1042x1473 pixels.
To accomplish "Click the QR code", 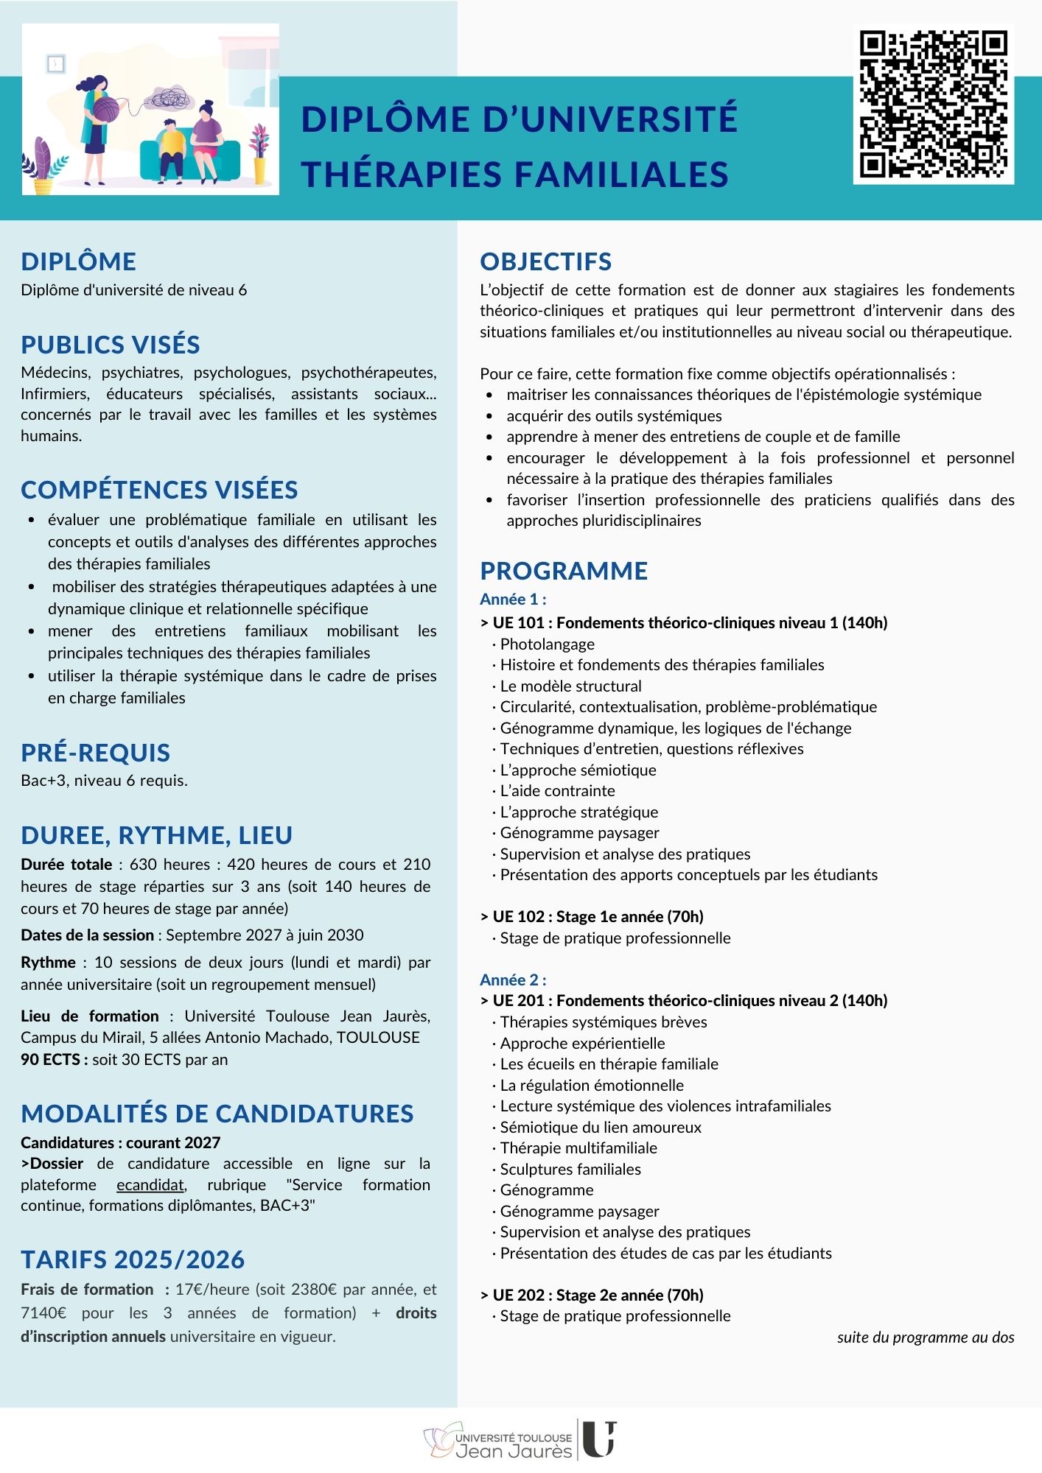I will (934, 104).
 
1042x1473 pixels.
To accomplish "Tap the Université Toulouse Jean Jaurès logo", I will (520, 1438).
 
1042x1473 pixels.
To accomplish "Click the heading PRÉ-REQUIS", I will (96, 752).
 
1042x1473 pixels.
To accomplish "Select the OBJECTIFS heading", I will (545, 261).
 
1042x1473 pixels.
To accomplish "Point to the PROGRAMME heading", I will (564, 571).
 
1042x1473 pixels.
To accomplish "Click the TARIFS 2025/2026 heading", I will (133, 1259).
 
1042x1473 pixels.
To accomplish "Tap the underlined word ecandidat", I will (151, 1185).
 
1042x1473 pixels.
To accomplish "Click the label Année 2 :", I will (513, 980).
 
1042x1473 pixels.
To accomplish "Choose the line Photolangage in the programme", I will (547, 644).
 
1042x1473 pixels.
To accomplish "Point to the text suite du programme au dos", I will (926, 1337).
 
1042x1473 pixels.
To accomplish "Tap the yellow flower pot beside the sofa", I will (259, 170).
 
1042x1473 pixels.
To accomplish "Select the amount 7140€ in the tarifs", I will (43, 1312).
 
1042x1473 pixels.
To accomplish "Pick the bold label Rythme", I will (48, 962).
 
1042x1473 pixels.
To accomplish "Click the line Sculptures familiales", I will (570, 1169).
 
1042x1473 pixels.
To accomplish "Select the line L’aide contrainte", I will (557, 790).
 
